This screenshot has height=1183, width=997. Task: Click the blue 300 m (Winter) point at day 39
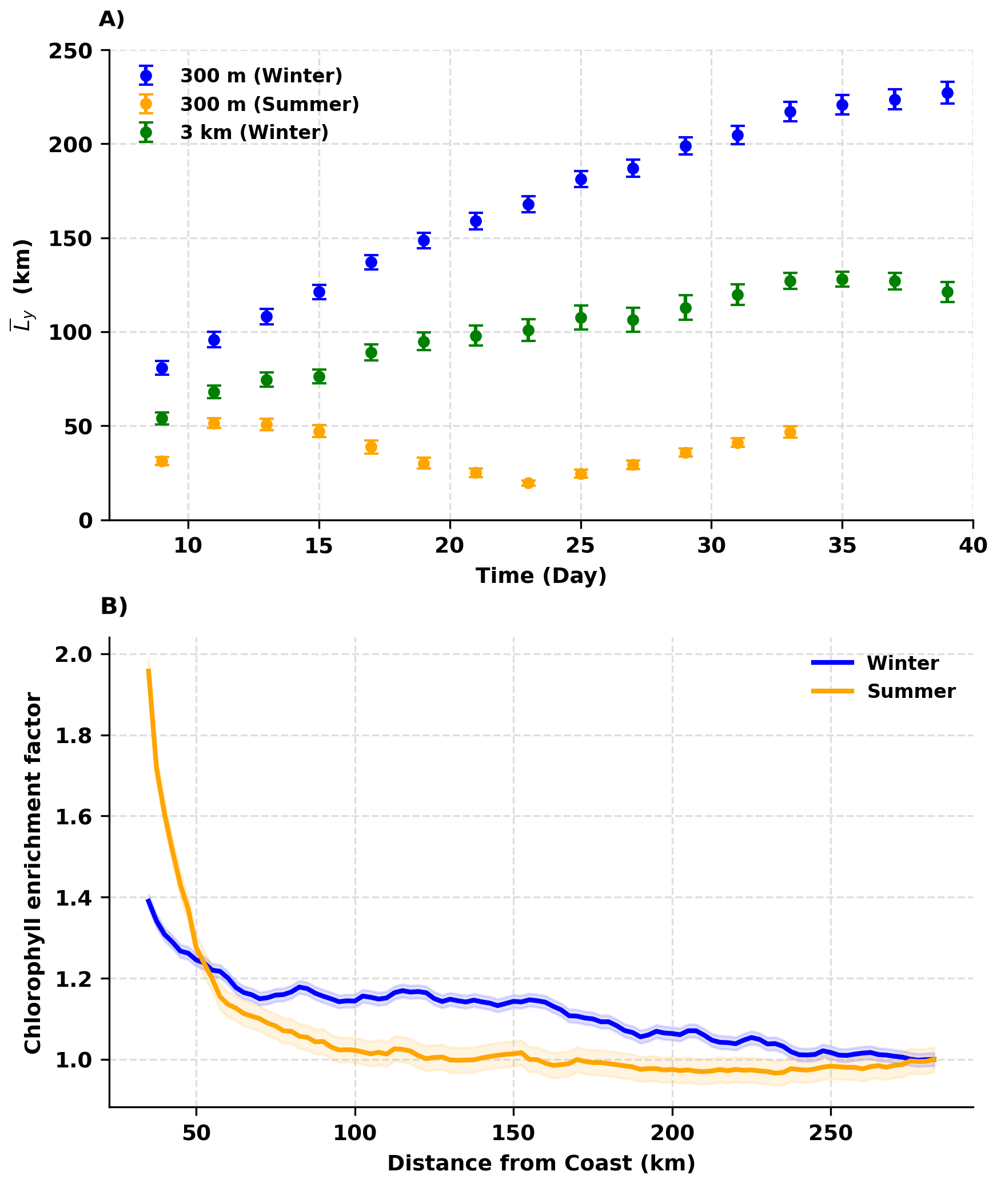(947, 93)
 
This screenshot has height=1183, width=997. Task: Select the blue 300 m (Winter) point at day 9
(162, 368)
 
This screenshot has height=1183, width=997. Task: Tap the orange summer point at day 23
(528, 483)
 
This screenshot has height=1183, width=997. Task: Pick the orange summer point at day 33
(790, 432)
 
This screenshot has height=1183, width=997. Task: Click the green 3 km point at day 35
(842, 279)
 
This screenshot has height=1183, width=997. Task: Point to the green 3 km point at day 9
(162, 418)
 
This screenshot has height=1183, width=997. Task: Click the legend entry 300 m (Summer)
(269, 104)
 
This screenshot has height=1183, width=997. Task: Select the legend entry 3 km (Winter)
(254, 132)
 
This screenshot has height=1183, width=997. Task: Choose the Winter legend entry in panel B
(902, 663)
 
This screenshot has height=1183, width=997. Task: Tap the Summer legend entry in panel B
(911, 691)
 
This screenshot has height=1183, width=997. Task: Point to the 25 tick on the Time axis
(581, 546)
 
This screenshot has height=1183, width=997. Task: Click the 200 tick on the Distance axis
(672, 1133)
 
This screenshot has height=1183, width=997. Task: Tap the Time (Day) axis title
(541, 575)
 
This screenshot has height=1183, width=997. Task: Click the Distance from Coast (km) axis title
(541, 1163)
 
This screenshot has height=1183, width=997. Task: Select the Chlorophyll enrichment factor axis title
(33, 873)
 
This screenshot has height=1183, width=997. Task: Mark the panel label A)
(111, 19)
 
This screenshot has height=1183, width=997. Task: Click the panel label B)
(114, 606)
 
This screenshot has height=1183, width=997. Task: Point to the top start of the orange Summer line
(149, 669)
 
